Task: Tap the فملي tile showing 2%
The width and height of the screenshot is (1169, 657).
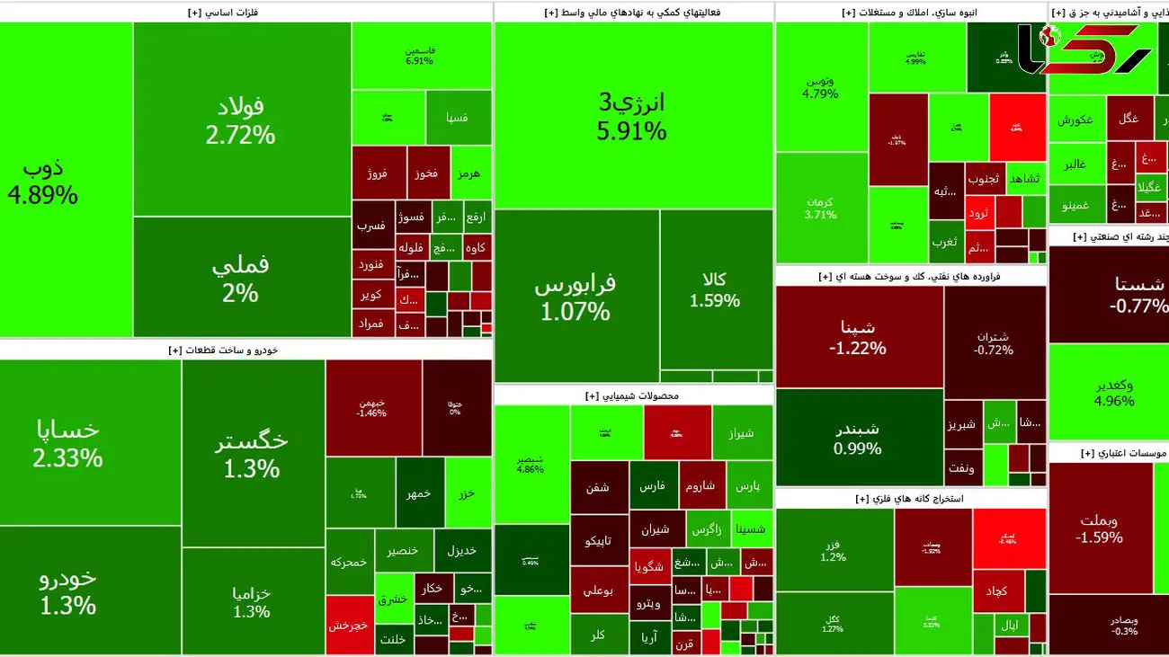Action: (x=241, y=279)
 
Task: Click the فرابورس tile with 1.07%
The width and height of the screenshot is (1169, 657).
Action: (x=576, y=297)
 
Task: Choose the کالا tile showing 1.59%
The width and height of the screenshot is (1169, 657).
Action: (x=716, y=289)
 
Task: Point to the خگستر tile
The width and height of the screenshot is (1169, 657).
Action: (x=253, y=454)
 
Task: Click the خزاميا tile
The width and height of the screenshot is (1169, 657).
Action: (x=253, y=601)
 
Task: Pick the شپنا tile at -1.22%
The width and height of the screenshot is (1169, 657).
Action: (x=858, y=336)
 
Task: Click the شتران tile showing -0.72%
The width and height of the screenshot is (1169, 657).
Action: (x=995, y=342)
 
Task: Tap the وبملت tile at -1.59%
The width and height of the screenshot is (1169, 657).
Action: (x=1099, y=528)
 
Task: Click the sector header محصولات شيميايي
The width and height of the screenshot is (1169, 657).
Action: (x=633, y=395)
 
